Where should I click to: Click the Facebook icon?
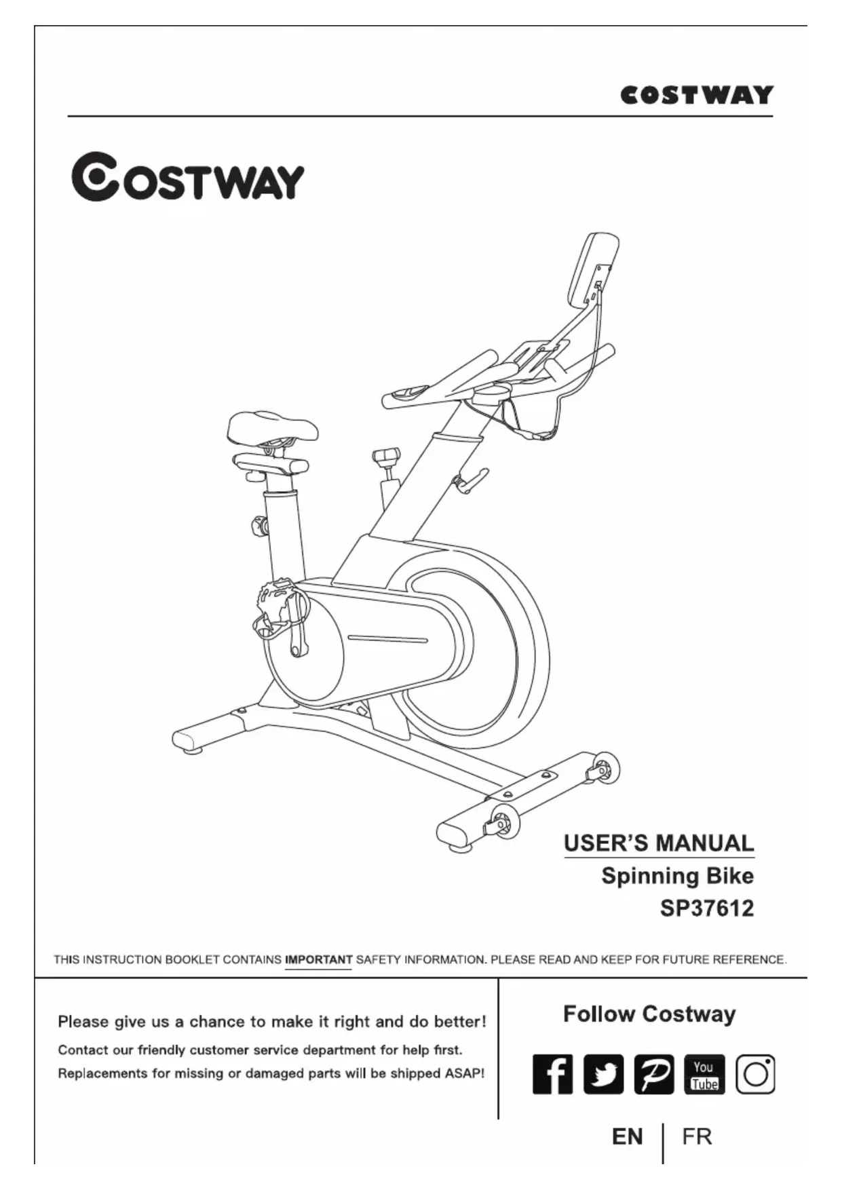pos(552,1074)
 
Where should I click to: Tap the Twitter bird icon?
pos(603,1074)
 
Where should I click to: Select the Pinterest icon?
pos(654,1074)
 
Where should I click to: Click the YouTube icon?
pos(704,1074)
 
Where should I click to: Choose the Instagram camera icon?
pos(755,1074)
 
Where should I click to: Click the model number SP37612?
pos(706,908)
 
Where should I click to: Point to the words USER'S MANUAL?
pos(659,843)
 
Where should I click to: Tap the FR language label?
pos(697,1136)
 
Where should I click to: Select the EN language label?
pos(627,1136)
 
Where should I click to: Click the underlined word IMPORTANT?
pos(318,959)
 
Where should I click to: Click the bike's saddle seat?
pos(271,426)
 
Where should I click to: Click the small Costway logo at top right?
pos(697,95)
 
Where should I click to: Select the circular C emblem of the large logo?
pos(95,176)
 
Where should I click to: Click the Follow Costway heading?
pos(649,1014)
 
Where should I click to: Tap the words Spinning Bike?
pos(677,876)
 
